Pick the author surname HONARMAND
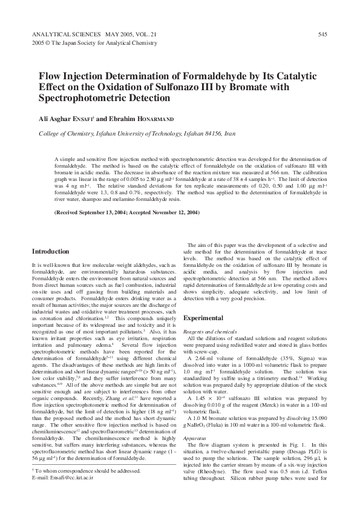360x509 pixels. click(152, 119)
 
